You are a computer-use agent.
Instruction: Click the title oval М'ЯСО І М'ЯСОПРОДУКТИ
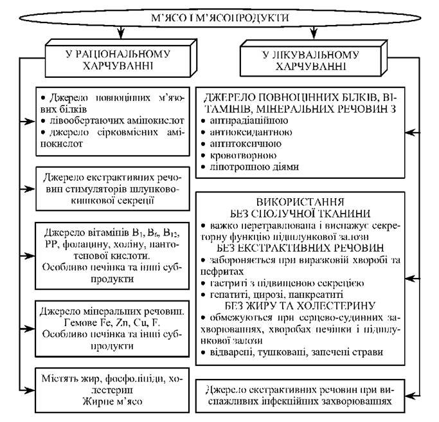pyautogui.click(x=219, y=17)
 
